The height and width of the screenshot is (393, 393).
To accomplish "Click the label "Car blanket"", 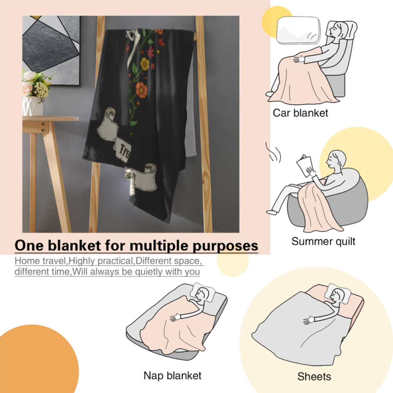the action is point(300,113).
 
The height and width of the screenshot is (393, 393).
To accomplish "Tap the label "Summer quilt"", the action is point(323,241).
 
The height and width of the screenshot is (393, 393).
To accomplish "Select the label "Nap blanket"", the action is point(173,375).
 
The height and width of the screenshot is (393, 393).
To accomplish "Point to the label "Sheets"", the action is point(314,376).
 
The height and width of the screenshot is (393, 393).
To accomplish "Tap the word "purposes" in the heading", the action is point(225,246).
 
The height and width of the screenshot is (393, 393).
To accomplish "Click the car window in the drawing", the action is point(298,31).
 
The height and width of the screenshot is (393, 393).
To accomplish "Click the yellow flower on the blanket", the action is point(145,64).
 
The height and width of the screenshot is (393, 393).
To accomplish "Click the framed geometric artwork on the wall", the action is point(51,51).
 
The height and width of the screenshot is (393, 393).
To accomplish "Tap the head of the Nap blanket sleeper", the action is point(202,294).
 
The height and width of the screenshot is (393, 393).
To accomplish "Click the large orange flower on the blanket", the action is point(141,90).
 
